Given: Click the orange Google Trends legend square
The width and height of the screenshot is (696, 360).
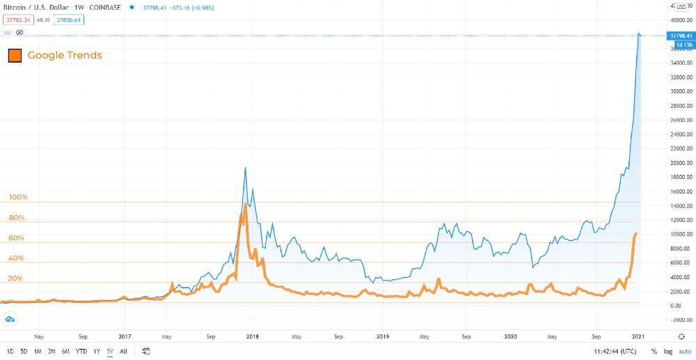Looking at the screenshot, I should pos(15,55).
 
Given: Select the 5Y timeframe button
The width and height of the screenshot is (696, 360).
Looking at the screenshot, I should pos(110,351).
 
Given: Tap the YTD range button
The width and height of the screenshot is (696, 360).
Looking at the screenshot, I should pos(81,351).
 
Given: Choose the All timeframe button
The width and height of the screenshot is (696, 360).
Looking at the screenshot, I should pos(123,351).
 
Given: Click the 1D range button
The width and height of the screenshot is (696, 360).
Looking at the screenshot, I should pos(10,351).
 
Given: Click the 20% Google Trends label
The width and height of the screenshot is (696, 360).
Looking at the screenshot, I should pos(15,279).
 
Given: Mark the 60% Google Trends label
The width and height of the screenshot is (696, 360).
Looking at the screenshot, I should pos(16,238).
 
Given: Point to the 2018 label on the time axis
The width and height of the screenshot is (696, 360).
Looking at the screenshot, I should pos(253,336).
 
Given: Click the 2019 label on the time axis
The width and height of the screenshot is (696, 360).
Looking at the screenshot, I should pos(381,336).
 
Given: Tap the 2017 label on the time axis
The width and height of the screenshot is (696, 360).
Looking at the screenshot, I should pos(125,336).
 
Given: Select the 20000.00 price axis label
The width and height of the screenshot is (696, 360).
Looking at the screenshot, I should pos(679,163).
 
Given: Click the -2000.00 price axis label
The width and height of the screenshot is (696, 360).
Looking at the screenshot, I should pos(679,320).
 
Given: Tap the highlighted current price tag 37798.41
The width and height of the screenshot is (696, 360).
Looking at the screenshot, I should pos(679,36).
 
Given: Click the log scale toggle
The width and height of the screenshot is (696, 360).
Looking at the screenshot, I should pos(667,351).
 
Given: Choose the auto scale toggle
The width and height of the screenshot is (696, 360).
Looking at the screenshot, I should pos(684,351).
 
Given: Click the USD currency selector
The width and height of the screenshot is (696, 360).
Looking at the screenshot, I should pos(681,7).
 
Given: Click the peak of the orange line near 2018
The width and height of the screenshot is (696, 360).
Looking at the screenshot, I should pos(245,205).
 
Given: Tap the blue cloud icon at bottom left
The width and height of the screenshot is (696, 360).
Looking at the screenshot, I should pos(10,319).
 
